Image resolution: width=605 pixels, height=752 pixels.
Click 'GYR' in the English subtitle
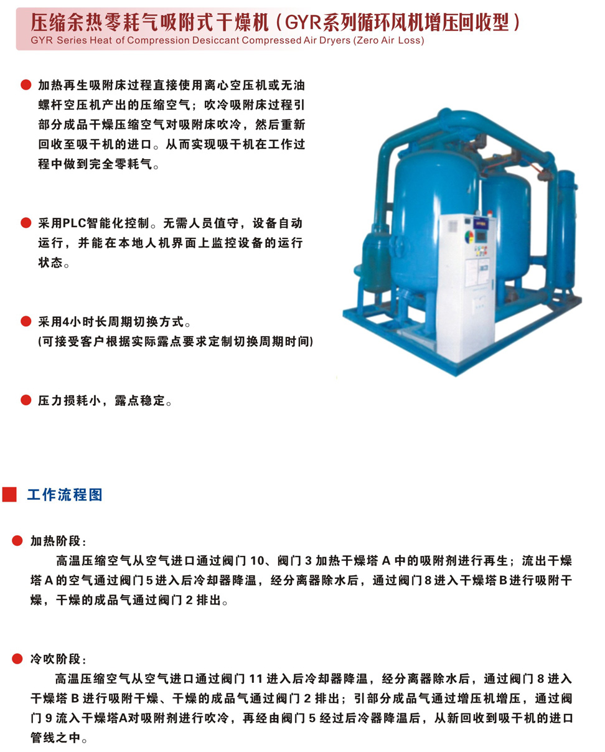[x=42, y=40]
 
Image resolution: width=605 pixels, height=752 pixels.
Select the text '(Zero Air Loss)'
[x=388, y=40]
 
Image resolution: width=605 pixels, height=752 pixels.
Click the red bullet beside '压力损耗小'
[x=26, y=400]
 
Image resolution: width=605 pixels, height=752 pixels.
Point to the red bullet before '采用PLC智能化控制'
[x=26, y=223]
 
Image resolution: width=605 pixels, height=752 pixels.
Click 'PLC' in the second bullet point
[x=74, y=223]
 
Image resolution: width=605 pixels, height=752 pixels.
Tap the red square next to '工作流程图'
[x=9, y=494]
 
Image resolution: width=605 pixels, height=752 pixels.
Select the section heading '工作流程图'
[x=65, y=495]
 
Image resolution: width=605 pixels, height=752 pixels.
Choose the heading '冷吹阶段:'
[x=58, y=659]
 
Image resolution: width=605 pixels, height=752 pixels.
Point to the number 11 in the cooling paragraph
[x=255, y=679]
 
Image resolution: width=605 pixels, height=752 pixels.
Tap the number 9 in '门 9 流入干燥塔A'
[x=49, y=718]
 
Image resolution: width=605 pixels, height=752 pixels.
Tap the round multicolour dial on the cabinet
[x=469, y=237]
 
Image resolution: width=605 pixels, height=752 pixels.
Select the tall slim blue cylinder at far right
[x=566, y=230]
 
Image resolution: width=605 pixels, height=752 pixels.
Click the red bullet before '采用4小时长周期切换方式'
[x=26, y=321]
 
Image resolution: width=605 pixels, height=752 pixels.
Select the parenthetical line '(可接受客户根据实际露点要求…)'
[x=176, y=341]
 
